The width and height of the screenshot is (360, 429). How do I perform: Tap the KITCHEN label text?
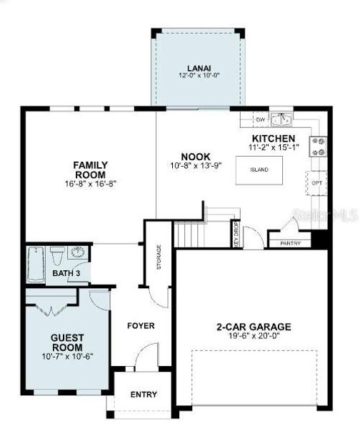pos(273,137)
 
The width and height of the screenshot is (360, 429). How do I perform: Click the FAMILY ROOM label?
pos(90,169)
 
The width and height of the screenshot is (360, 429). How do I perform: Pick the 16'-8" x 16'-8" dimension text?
pos(90,184)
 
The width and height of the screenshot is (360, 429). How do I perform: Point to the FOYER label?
pos(141,326)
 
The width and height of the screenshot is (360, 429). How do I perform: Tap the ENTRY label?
pos(144,395)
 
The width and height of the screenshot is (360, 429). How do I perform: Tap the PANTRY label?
pos(290,243)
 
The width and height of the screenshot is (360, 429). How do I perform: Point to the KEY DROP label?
pos(236,233)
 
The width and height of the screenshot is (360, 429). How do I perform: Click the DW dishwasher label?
pos(261,119)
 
